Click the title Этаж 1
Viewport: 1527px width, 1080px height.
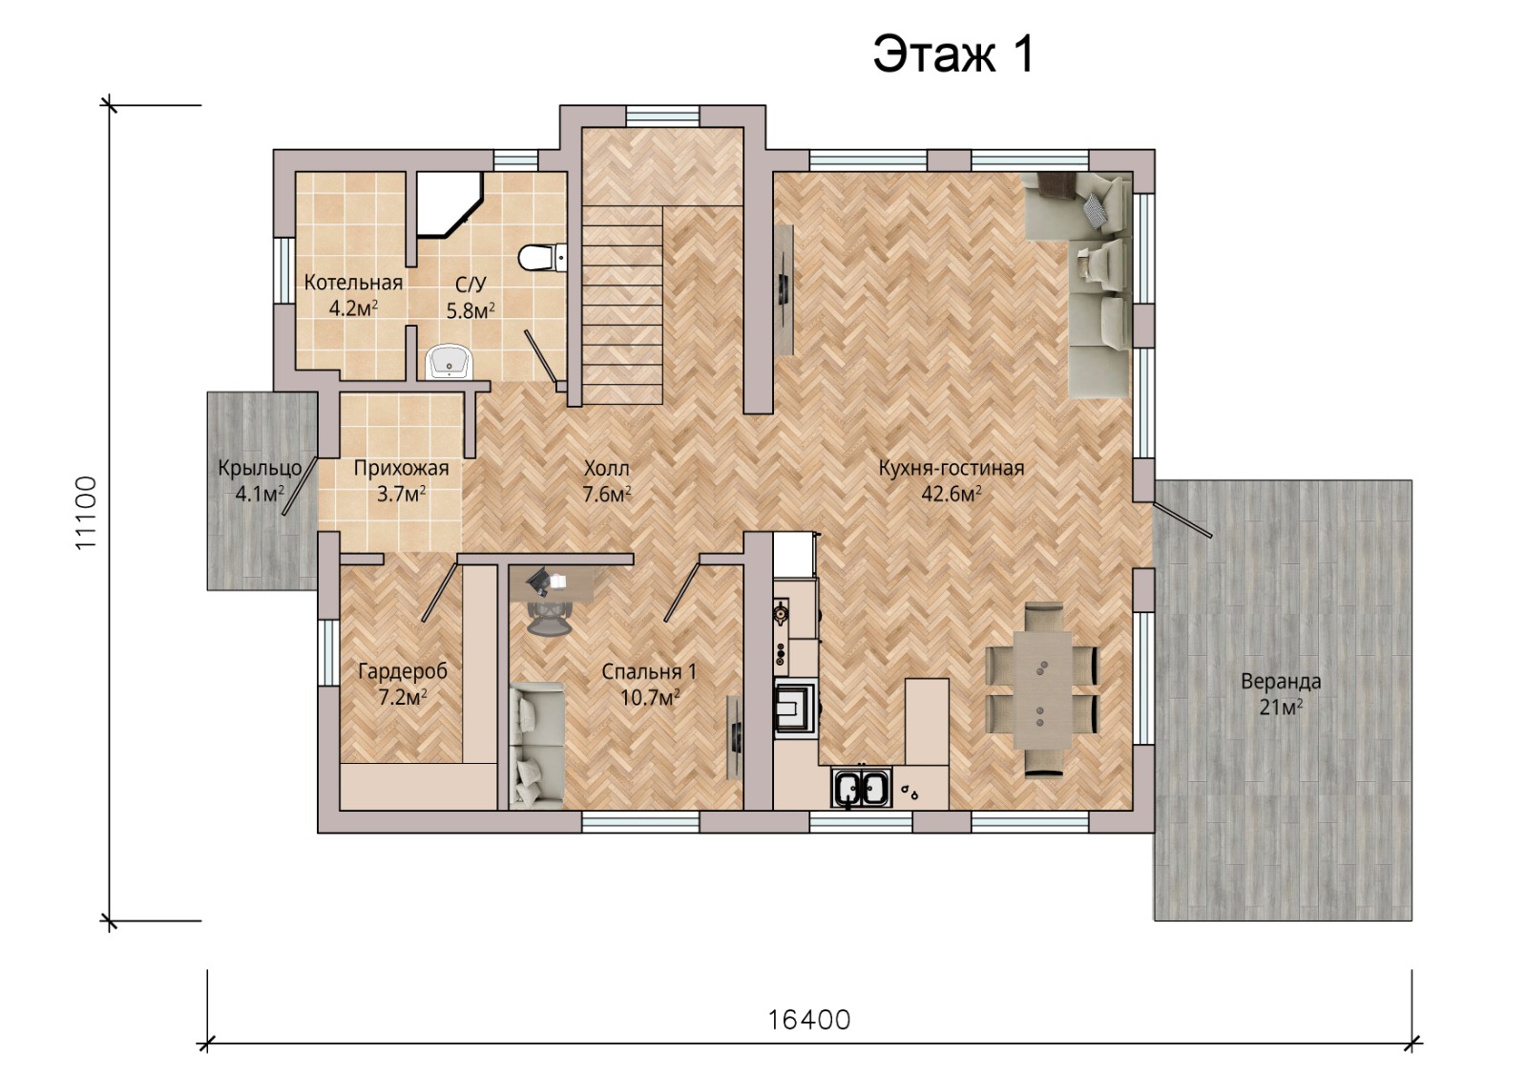[953, 53]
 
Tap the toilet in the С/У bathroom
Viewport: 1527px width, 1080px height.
[542, 258]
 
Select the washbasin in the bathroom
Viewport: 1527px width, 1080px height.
[449, 362]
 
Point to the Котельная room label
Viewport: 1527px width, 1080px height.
[353, 283]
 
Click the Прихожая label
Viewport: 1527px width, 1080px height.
[401, 469]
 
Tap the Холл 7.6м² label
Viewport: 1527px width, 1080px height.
[606, 481]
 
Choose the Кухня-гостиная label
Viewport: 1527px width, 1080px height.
[951, 468]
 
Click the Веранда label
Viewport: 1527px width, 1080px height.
[1281, 681]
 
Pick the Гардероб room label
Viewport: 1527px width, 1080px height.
[403, 672]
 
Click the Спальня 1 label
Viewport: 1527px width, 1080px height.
[649, 672]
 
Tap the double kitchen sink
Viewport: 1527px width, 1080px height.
[862, 788]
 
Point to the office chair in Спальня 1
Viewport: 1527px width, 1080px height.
[548, 618]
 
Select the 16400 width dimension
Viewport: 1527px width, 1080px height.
[809, 1020]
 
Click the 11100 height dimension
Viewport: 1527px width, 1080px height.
[87, 513]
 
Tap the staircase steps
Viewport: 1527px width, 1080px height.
[622, 306]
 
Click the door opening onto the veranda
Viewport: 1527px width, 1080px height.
[1182, 519]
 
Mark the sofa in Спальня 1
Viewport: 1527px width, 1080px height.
[536, 746]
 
